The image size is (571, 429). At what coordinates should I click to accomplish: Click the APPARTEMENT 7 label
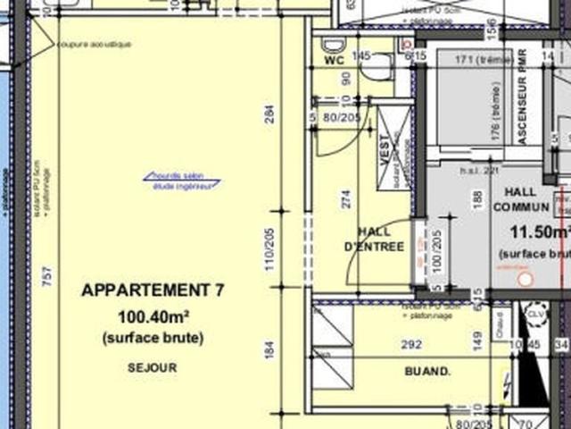pos(153,290)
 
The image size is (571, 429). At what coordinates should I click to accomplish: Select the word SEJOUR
pos(153,367)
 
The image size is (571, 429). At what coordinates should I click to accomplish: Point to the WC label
pos(334,61)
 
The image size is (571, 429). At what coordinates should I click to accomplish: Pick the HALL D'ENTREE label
pos(374,239)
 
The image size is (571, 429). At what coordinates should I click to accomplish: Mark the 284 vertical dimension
pos(269,114)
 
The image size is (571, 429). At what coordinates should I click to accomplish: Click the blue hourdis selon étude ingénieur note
pos(181,181)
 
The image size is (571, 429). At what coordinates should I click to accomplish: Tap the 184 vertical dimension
pos(269,349)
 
